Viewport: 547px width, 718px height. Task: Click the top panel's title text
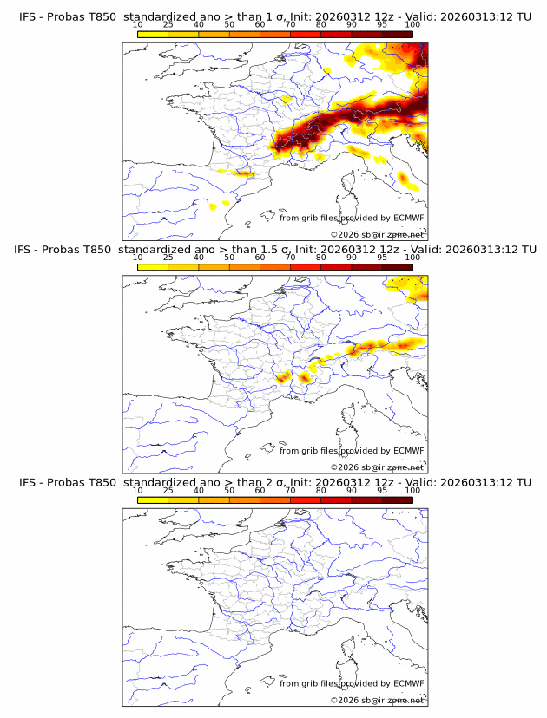click(x=274, y=17)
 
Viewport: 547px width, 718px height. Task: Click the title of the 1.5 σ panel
click(x=274, y=250)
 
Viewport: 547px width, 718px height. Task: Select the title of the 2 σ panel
click(x=274, y=482)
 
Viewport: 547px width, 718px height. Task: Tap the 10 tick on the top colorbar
click(x=137, y=26)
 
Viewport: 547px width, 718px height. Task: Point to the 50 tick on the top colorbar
click(x=229, y=26)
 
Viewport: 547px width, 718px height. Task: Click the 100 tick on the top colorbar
click(x=412, y=26)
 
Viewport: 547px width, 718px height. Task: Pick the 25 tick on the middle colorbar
click(x=168, y=258)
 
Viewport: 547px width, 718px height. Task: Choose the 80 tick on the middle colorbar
click(x=321, y=258)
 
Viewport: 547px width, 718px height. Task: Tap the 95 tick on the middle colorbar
click(x=382, y=258)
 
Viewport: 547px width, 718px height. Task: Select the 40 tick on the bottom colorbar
click(x=199, y=491)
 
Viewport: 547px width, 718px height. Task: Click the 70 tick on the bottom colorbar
click(x=290, y=491)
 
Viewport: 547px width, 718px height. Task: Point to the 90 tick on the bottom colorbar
click(x=352, y=491)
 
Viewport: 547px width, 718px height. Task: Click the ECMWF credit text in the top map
click(x=352, y=218)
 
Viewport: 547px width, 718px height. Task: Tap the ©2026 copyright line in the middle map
click(x=377, y=467)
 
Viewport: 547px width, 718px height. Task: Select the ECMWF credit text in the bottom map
click(x=352, y=683)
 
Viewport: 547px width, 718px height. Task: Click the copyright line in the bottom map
click(x=377, y=699)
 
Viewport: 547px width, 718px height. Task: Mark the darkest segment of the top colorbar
click(x=397, y=35)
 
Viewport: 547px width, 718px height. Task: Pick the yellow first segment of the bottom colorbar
click(x=153, y=499)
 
